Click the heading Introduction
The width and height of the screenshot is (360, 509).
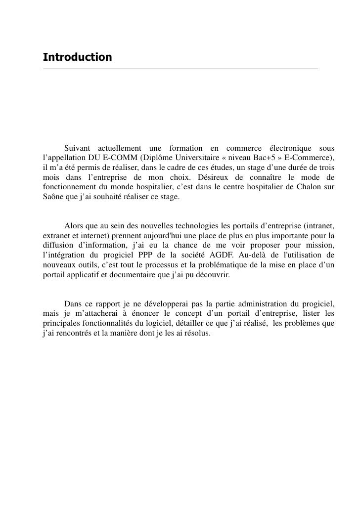77,57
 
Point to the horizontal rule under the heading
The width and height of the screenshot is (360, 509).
180,69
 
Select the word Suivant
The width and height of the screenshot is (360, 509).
78,148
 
